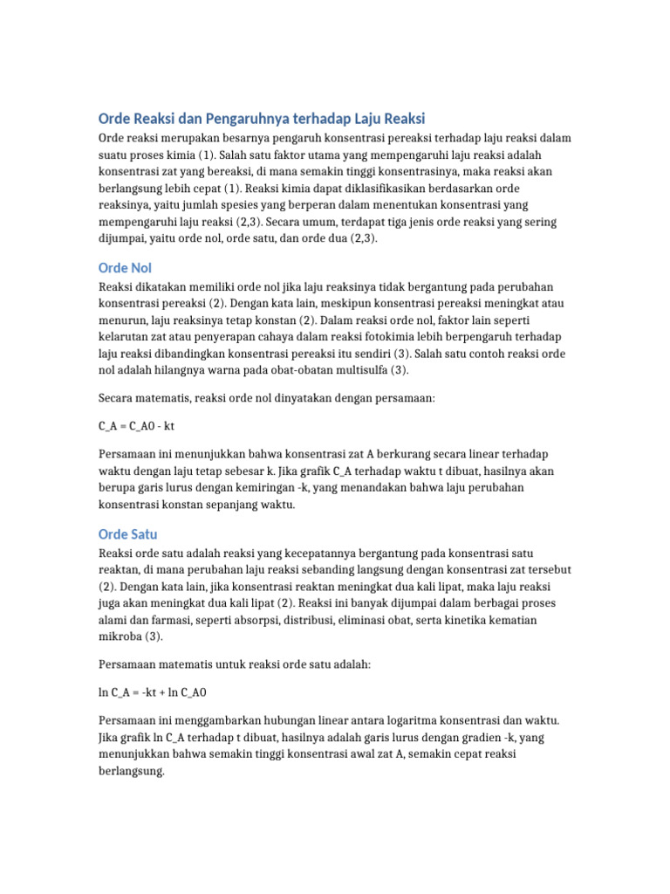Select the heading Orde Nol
coord(125,267)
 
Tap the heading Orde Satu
coord(127,533)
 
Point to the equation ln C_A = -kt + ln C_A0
coord(153,692)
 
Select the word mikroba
coord(120,636)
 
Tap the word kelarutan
coord(125,336)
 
